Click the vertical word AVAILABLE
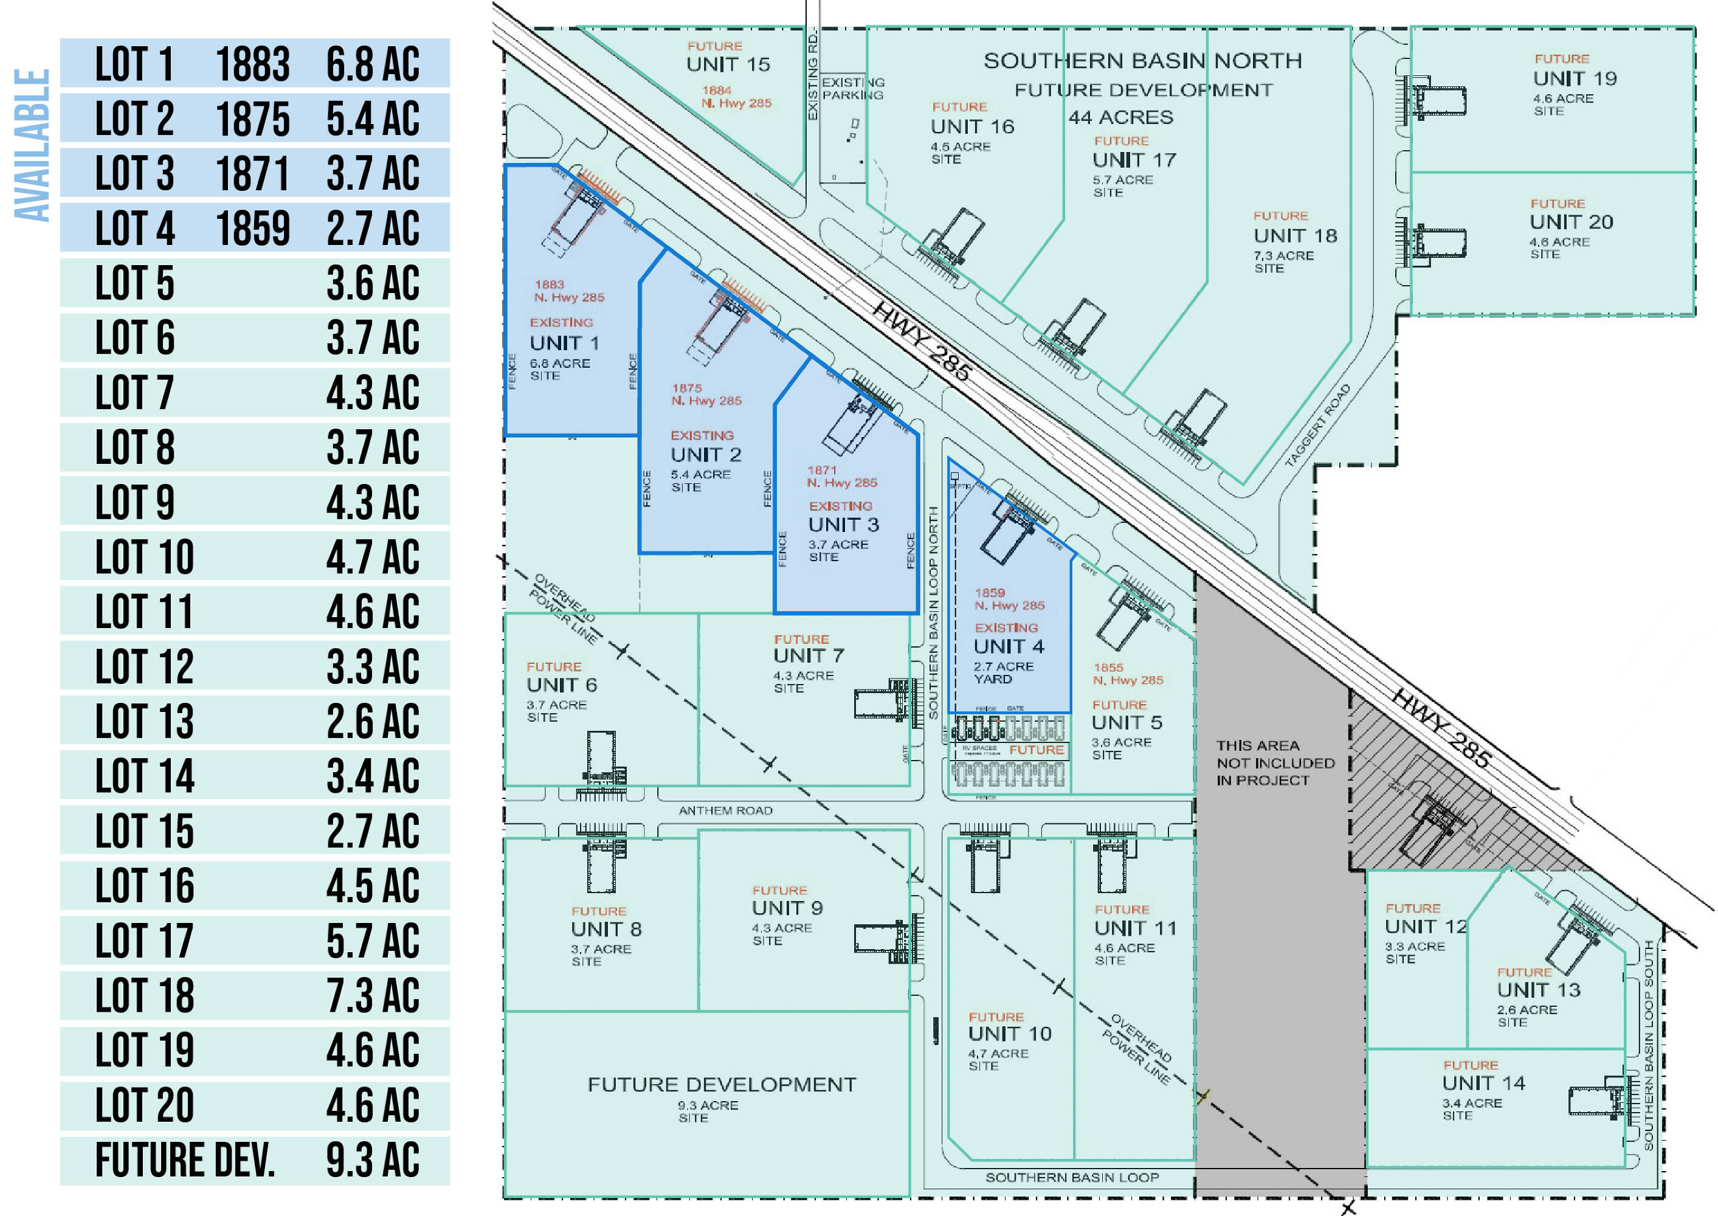coord(32,145)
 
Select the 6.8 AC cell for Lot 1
coord(372,64)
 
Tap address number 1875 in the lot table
coord(252,119)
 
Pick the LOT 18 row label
coord(145,996)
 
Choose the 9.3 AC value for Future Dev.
coord(372,1161)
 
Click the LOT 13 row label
coord(145,722)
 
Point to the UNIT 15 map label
coord(728,64)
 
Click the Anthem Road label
coord(725,810)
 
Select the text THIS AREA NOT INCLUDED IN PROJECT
coord(1275,763)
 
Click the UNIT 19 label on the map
coord(1575,78)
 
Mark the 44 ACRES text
coord(1120,117)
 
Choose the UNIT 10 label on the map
coord(1009,1034)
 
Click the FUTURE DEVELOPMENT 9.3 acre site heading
coord(721,1084)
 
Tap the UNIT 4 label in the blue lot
coord(1009,646)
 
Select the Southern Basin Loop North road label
coord(933,612)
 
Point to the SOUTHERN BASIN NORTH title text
coord(1142,61)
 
